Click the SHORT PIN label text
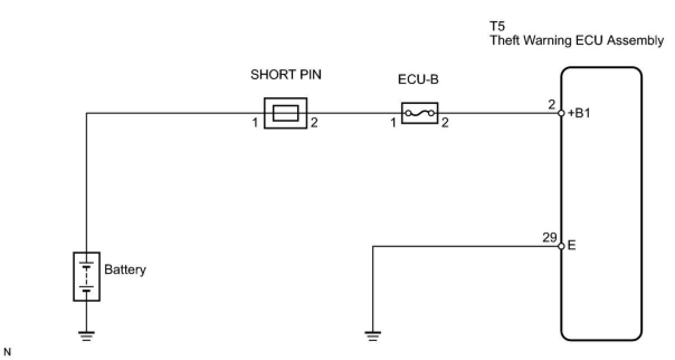[286, 75]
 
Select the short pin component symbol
[286, 113]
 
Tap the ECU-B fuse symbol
[420, 113]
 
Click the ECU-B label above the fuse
[418, 79]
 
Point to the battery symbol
[87, 276]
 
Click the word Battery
[125, 269]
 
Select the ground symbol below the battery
[87, 335]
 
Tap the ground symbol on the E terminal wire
[372, 335]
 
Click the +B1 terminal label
[579, 113]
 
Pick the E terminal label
[571, 245]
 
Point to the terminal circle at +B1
[561, 113]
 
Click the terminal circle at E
[561, 246]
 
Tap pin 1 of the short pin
[254, 123]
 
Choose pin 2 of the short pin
[314, 123]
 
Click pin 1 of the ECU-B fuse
[393, 123]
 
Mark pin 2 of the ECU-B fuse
[445, 123]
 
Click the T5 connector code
[497, 26]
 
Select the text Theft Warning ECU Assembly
[577, 40]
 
